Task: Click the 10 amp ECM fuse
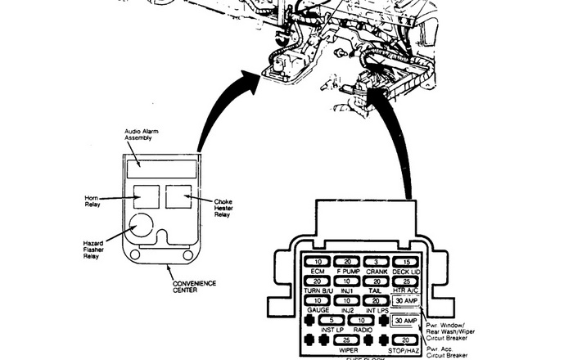[317, 261]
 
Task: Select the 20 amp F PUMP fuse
[347, 261]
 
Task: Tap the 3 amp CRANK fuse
[377, 261]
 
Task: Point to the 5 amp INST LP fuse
[332, 319]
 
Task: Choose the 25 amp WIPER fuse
[347, 339]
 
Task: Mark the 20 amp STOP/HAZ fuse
[406, 339]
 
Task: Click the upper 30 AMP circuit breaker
[406, 301]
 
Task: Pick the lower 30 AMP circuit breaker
[406, 320]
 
